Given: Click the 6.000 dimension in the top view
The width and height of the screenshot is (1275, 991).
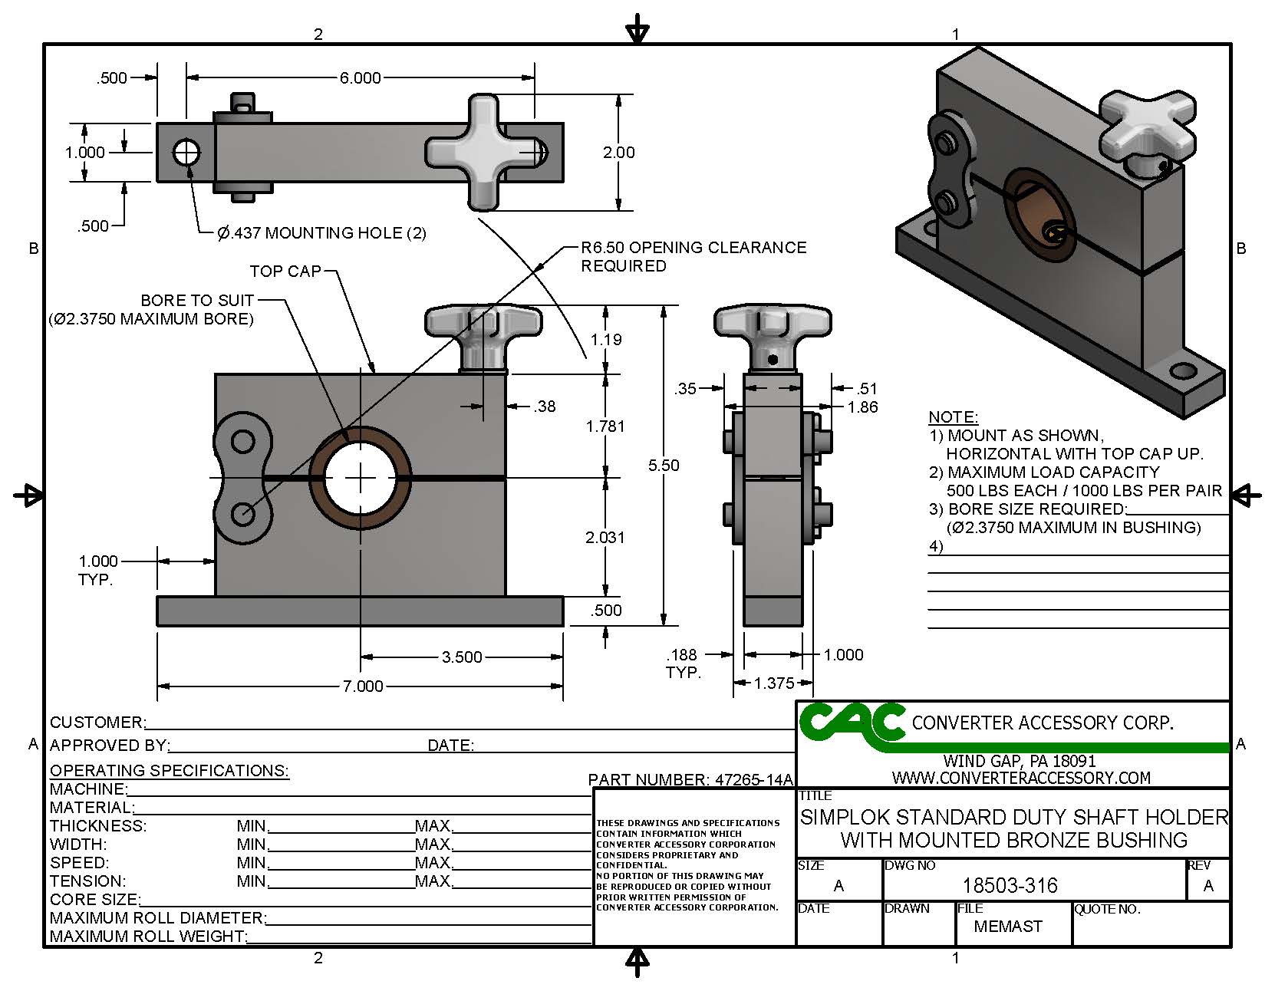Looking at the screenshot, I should [360, 77].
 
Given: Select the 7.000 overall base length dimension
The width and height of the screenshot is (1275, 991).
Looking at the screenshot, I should [362, 686].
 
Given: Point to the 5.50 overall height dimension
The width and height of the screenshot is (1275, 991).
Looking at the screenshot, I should [664, 465].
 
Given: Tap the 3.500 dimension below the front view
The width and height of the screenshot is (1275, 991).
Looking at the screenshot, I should [462, 657].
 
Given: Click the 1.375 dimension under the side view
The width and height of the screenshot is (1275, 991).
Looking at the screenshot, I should [773, 683].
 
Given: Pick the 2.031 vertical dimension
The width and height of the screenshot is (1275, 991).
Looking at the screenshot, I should [605, 537].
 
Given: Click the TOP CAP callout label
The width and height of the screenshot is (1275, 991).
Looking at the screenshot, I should [285, 271].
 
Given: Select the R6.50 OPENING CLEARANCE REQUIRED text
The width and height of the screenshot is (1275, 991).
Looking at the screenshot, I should [693, 256].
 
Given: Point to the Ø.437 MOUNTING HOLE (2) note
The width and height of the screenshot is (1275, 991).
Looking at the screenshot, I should [321, 232].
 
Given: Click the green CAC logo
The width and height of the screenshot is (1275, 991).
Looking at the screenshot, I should [852, 723].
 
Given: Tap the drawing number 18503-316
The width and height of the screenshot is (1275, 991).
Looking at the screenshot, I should [1010, 886].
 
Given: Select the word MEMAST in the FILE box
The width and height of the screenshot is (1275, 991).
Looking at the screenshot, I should [1007, 927].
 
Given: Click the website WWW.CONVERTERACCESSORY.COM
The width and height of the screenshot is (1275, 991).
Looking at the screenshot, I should [1021, 778].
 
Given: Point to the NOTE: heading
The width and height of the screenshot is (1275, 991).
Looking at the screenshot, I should [953, 417].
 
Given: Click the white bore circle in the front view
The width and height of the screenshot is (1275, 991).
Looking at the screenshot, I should [360, 478].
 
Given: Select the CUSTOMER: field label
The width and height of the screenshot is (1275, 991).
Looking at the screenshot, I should [97, 723].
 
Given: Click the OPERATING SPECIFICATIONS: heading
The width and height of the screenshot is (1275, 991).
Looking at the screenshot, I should [169, 770].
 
